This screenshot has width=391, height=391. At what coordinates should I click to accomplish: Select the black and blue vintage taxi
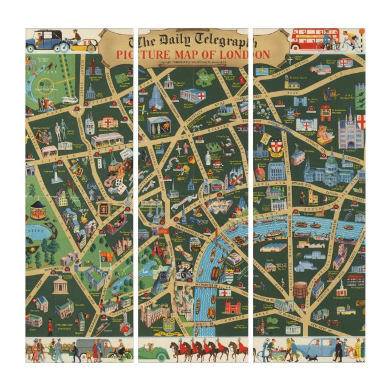pyautogui.click(x=46, y=41)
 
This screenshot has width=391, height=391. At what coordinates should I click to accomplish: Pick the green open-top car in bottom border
pyautogui.click(x=153, y=352)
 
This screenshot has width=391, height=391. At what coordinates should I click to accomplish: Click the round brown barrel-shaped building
pyautogui.click(x=300, y=290)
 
